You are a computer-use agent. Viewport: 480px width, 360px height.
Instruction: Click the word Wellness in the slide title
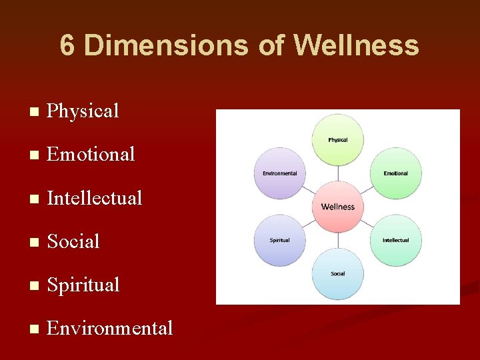point(357,46)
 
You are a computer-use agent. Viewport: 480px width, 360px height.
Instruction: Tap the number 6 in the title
point(67,46)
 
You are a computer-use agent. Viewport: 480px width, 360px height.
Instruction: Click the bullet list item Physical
point(83,111)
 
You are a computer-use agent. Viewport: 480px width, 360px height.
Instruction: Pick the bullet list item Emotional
point(91,154)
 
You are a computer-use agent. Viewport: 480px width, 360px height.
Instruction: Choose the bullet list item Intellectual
point(95,198)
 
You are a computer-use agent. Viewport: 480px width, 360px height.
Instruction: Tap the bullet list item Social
point(73,241)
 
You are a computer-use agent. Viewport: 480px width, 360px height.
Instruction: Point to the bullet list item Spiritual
point(83,285)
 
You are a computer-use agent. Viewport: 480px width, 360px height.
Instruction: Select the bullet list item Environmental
point(110,328)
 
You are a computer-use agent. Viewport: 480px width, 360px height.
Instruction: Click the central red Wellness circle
point(338,207)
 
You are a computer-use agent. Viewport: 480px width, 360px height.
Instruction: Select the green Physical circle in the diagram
point(338,139)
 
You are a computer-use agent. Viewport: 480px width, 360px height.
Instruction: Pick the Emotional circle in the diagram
point(395,173)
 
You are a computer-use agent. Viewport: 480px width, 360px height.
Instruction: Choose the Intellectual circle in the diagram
point(395,240)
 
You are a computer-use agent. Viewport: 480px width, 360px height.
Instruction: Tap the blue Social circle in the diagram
point(338,273)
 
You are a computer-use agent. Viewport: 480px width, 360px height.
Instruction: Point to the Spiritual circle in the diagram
point(280,240)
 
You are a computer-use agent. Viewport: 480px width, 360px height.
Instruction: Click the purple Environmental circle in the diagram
point(280,173)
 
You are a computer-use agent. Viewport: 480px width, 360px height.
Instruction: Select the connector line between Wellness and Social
point(338,241)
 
